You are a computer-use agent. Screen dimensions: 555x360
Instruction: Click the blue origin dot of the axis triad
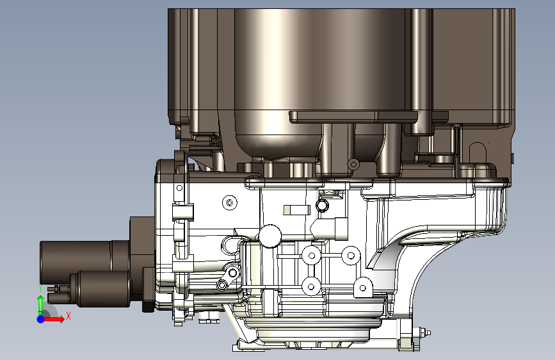point(41,319)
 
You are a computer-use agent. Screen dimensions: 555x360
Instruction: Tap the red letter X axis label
point(68,316)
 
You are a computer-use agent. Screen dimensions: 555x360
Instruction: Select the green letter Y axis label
point(40,288)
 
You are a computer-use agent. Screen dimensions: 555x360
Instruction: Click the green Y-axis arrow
point(41,304)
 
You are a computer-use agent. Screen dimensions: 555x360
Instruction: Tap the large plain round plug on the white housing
point(270,236)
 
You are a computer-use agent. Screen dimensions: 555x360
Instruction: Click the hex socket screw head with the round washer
point(230,202)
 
